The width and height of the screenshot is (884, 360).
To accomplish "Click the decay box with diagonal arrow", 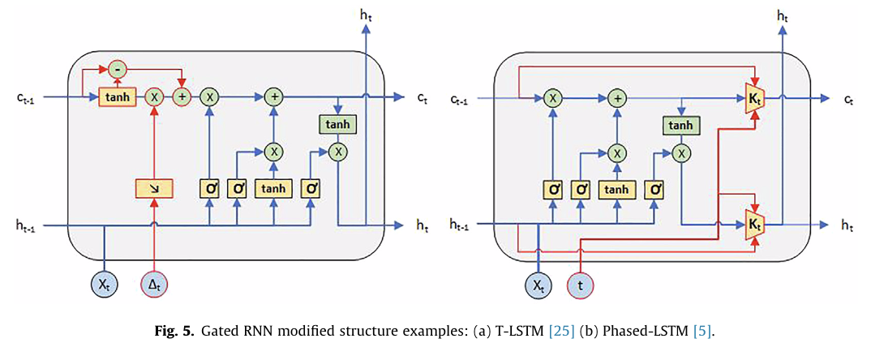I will [153, 189].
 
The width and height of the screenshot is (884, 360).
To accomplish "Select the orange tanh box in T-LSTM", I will [116, 97].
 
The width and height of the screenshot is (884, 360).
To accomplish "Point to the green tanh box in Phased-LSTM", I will [681, 125].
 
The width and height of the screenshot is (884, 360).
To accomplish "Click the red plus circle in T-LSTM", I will [181, 97].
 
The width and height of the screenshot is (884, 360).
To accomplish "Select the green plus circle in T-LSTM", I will [275, 97].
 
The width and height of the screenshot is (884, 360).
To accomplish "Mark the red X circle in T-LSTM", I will [153, 97].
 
